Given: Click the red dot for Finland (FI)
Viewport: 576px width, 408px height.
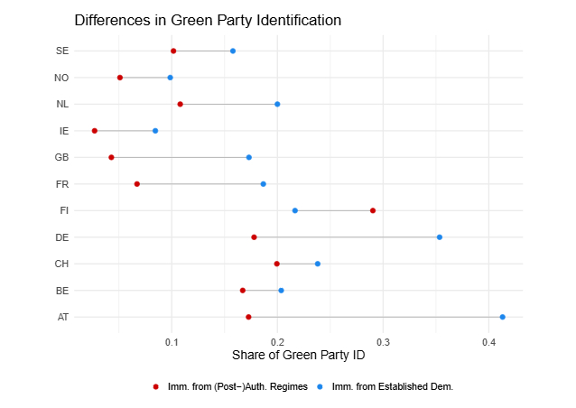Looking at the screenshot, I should point(373,210).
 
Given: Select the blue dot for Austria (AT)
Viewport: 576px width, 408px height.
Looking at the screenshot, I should point(502,317).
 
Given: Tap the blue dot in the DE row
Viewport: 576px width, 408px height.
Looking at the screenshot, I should point(440,237).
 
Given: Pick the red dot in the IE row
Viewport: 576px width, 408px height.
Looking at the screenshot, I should point(95,131).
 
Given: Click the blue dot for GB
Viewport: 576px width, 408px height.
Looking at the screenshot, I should point(249,157).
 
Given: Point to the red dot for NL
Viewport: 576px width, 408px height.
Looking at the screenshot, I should point(181,104).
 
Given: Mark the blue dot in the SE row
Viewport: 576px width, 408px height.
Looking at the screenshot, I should point(233,51).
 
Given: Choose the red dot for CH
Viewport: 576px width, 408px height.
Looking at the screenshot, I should point(277,264).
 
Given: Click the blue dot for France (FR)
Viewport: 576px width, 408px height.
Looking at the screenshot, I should point(264,184).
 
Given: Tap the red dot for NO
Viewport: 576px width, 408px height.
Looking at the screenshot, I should point(120,78).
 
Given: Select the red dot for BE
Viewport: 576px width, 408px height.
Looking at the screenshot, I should point(243,291).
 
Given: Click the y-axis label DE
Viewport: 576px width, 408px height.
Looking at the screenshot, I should point(61,237).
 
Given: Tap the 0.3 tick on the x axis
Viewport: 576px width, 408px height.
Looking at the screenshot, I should point(384,342).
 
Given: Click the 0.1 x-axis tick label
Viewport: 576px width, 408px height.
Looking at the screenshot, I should point(172,342).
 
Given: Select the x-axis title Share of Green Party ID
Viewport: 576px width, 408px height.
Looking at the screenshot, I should point(299,356).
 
